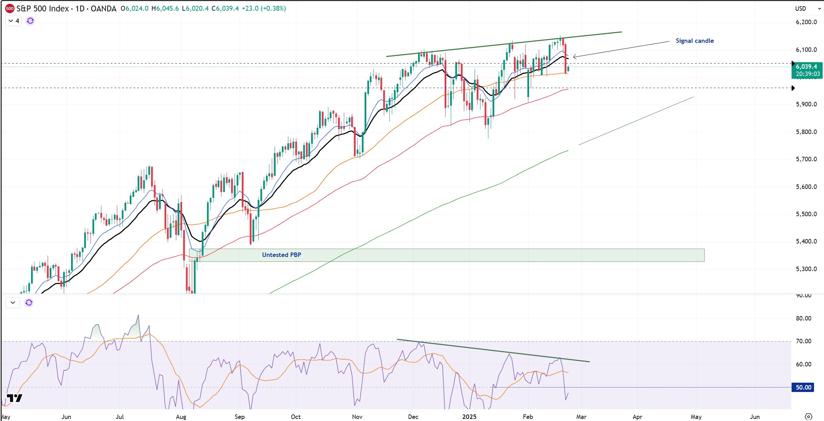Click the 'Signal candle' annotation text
coord(694,41)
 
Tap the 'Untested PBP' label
coord(281,255)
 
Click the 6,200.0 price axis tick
coord(806,22)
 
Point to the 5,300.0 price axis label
coord(806,269)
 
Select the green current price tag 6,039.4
coord(807,70)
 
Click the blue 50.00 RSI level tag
coord(803,387)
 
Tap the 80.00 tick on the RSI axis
coord(803,318)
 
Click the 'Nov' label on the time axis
coord(357,417)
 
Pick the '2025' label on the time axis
coord(469,417)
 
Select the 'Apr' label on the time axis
coord(637,417)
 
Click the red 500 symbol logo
coord(10,9)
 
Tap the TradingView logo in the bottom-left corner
coord(14,398)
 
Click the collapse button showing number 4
coord(13,21)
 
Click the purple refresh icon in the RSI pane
coord(29,303)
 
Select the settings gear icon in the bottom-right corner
coord(808,417)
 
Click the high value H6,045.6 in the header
coord(165,9)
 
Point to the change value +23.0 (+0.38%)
coord(264,9)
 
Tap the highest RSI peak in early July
coord(138,315)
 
